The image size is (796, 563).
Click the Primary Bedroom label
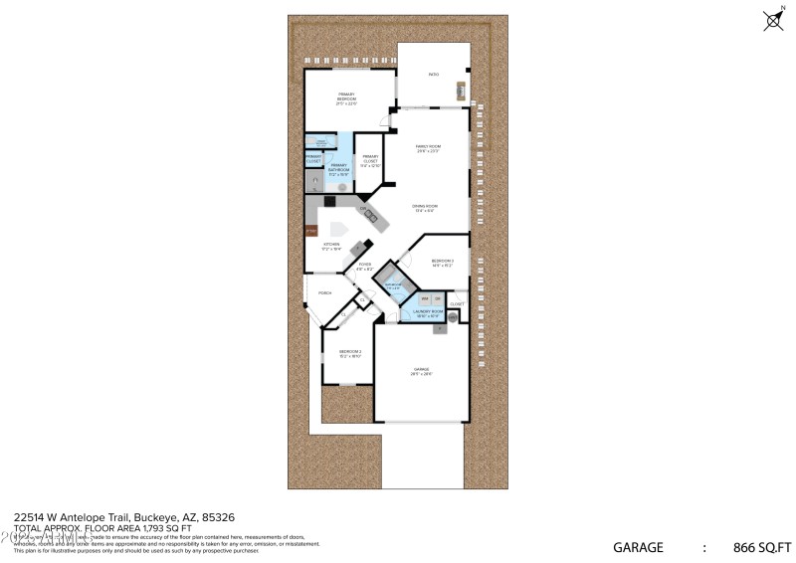click(346, 97)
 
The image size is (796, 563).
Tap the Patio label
click(433, 75)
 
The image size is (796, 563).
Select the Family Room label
click(428, 148)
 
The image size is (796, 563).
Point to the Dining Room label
click(425, 208)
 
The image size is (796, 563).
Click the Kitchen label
click(330, 245)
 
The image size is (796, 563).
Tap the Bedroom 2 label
click(349, 353)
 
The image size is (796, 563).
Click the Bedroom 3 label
click(442, 264)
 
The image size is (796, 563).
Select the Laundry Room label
click(428, 313)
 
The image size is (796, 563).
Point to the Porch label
click(324, 293)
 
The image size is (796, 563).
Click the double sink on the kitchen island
click(369, 213)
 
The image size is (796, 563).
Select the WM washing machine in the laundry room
click(425, 299)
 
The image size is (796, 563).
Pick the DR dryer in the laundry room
click(438, 299)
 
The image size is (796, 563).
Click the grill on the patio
click(461, 91)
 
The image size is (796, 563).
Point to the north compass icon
click(772, 19)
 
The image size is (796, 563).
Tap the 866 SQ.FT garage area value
click(760, 547)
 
